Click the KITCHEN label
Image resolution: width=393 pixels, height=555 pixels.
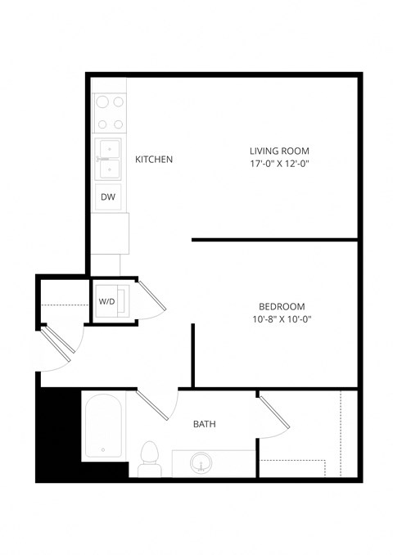[x=154, y=159]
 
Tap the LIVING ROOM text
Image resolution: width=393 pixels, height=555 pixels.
[x=280, y=151]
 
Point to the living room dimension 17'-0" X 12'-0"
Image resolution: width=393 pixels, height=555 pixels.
[x=280, y=164]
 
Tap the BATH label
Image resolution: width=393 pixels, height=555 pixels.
[x=204, y=424]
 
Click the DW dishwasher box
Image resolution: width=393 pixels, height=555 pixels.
[x=107, y=197]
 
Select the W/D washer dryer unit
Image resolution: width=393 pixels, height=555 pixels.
[x=107, y=301]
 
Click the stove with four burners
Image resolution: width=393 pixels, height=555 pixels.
[x=109, y=114]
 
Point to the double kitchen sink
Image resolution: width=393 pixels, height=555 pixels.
[x=108, y=159]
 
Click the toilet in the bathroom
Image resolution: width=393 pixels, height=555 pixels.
[x=149, y=458]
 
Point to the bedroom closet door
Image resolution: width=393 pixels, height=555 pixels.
[x=273, y=414]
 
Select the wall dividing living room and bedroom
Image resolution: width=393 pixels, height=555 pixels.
[x=275, y=240]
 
